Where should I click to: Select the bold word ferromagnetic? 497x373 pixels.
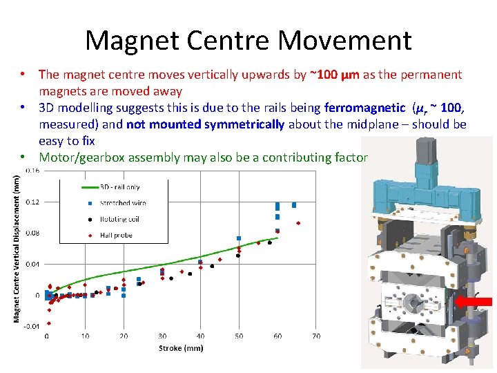[x=364, y=108]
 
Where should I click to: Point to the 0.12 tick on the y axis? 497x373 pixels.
[x=33, y=202]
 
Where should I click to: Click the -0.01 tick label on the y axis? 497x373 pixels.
[x=32, y=326]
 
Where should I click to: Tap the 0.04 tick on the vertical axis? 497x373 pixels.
[x=33, y=264]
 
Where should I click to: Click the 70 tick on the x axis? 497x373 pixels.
[x=315, y=336]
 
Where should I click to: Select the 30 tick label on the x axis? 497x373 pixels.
[x=162, y=336]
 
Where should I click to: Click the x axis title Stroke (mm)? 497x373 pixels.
[x=181, y=348]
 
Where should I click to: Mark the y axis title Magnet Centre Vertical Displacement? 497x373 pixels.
[x=17, y=247]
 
